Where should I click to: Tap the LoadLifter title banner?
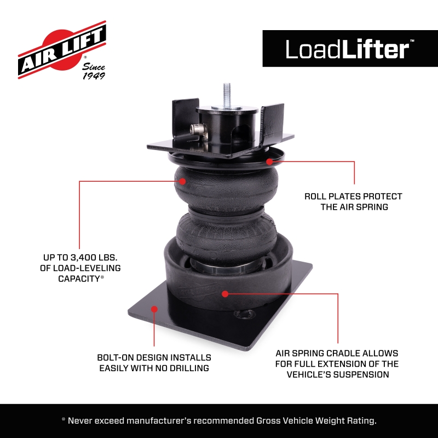point(350,49)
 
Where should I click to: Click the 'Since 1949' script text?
point(94,71)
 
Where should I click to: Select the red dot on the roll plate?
point(270,161)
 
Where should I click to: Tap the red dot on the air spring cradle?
point(225,293)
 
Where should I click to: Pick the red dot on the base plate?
point(155,309)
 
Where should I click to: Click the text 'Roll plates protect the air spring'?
point(353,201)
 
